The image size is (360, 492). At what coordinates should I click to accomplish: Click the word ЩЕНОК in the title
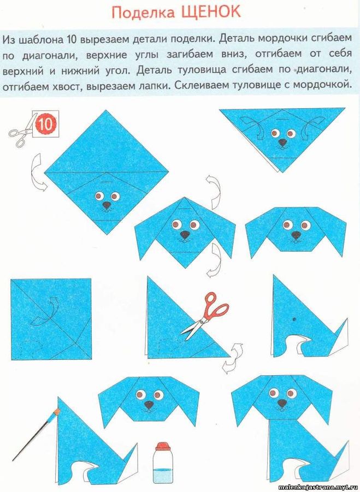210,12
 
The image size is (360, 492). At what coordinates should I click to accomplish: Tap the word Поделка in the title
143,13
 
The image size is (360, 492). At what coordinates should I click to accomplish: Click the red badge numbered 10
46,125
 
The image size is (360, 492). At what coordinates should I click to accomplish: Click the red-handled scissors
205,315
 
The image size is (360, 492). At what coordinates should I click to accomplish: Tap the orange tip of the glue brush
57,411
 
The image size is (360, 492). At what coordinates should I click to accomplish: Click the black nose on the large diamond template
107,205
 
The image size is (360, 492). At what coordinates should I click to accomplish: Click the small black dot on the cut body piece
294,319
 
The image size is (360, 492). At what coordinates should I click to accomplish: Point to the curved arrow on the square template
46,312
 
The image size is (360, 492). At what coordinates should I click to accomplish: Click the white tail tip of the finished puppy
343,461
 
